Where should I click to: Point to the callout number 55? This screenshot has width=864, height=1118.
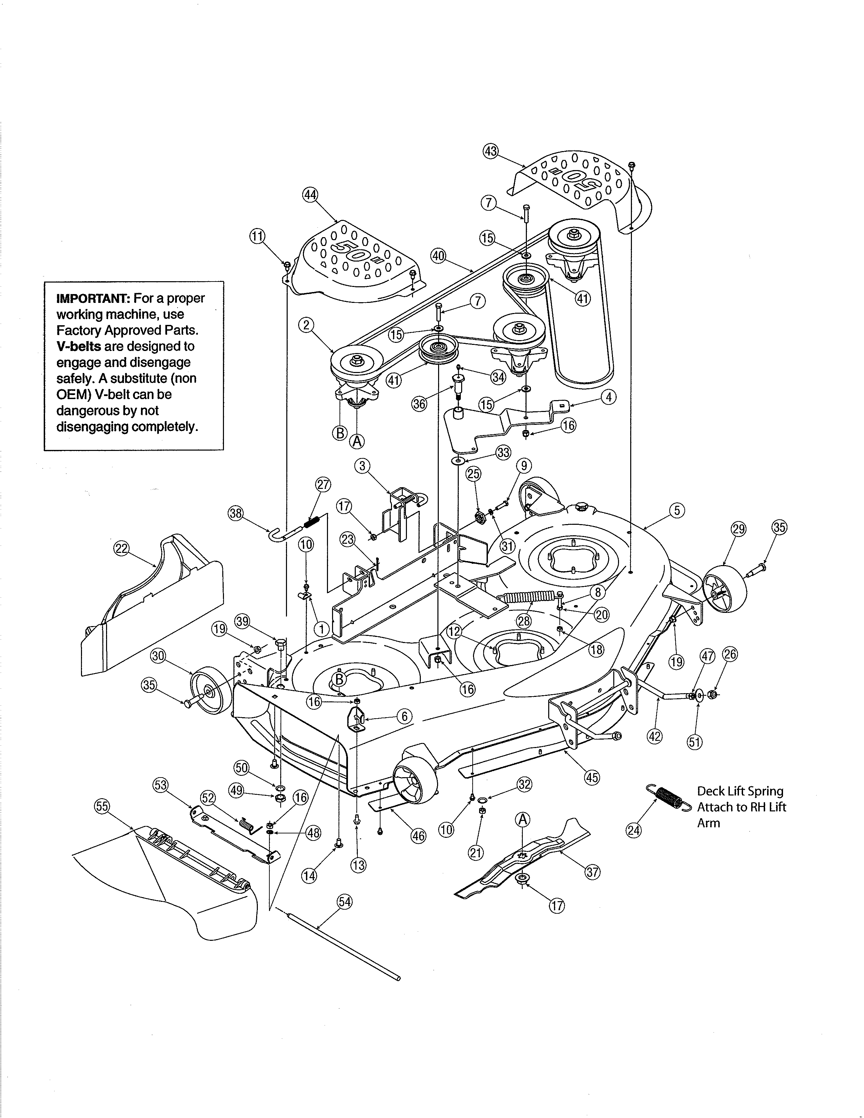click(x=102, y=806)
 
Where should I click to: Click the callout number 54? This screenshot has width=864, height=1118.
click(x=345, y=902)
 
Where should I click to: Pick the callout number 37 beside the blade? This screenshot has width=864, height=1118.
click(x=592, y=872)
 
